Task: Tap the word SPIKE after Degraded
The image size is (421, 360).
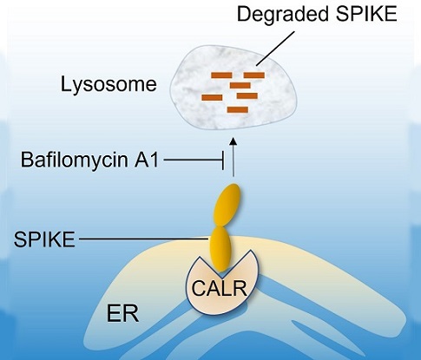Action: coord(366,14)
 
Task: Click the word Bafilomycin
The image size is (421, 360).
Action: coord(74,160)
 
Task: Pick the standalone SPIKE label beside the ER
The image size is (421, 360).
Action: coord(44,239)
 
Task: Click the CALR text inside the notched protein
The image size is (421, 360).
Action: coord(220,289)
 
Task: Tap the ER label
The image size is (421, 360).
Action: coord(122,314)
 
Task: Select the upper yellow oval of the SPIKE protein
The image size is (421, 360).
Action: coord(227,206)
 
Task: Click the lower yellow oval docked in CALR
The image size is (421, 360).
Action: coord(220,249)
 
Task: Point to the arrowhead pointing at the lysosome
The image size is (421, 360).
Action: coord(234,141)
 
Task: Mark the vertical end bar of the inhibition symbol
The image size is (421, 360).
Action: coord(223,160)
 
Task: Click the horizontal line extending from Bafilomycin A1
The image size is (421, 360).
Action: coord(193,160)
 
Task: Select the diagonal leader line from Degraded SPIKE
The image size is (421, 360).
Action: coord(275,48)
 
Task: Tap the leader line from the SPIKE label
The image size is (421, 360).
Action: coord(144,239)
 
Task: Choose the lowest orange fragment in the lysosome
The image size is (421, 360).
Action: coord(238,110)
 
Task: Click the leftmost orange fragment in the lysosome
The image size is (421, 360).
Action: coord(212,98)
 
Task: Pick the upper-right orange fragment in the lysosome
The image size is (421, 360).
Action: coord(254,75)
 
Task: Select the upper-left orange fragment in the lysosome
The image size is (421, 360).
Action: coord(221,75)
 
